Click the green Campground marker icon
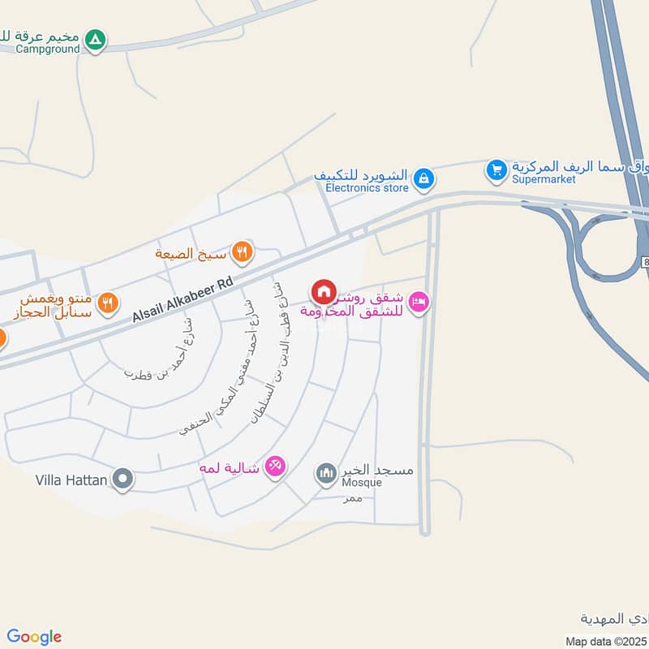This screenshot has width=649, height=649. [96, 39]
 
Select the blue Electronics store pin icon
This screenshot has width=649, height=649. [423, 179]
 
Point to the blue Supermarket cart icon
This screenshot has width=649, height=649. [496, 170]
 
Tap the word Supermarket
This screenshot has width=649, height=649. [541, 180]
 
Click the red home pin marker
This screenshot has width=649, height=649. [323, 291]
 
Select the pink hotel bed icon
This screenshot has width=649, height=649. [419, 303]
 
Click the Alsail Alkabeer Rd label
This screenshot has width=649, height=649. [183, 299]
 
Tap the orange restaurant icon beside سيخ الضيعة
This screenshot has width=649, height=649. [241, 252]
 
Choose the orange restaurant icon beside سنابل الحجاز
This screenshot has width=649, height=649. [107, 304]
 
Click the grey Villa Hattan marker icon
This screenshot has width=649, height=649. [122, 479]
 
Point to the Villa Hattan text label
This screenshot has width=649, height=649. [71, 480]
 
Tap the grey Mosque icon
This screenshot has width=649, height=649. [326, 472]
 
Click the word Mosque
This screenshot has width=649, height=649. [361, 483]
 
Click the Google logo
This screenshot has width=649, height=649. [34, 637]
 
